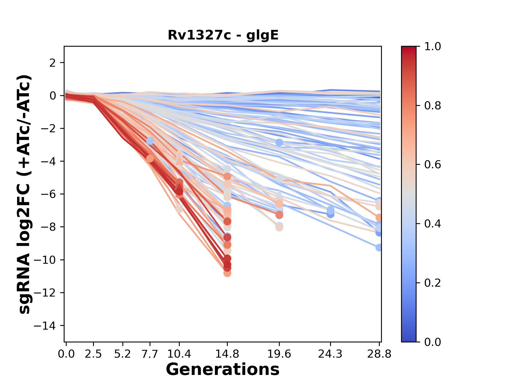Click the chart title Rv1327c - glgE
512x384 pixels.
tap(223, 35)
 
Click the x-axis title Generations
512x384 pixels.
tap(223, 370)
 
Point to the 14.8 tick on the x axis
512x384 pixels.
tap(227, 354)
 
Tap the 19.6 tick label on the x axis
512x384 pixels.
tap(279, 354)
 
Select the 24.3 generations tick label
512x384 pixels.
tap(330, 354)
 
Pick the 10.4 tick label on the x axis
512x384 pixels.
tap(179, 354)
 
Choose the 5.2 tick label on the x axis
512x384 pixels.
tap(123, 354)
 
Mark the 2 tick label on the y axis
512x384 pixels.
tap(53, 63)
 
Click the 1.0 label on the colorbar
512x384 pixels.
tap(433, 47)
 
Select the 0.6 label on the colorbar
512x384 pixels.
tap(433, 165)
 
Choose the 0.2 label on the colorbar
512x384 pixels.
tap(433, 283)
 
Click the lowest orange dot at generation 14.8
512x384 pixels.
tap(227, 273)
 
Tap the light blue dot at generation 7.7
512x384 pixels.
tap(150, 141)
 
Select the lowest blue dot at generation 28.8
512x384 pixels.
tap(379, 247)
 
